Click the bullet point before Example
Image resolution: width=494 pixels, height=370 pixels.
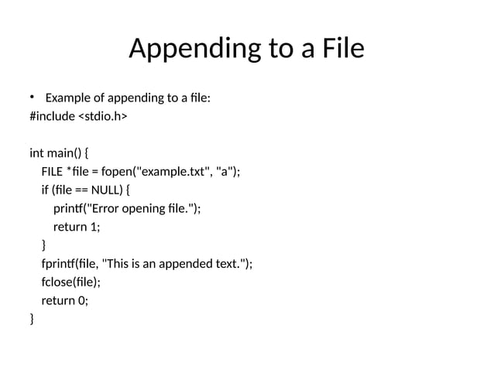coord(33,97)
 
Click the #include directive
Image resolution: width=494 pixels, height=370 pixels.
coord(52,117)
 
